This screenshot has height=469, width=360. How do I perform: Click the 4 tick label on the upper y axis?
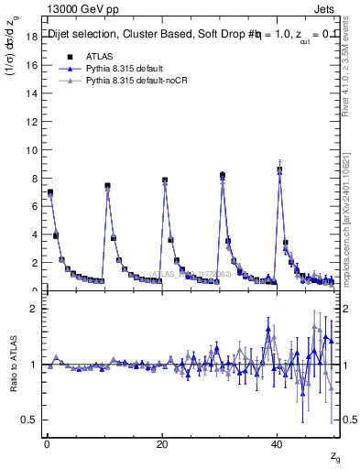pyautogui.click(x=35, y=234)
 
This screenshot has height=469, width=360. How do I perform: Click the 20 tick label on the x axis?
pyautogui.click(x=161, y=444)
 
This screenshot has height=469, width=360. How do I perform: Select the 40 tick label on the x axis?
pyautogui.click(x=277, y=444)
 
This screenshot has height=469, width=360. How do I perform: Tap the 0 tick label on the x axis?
pyautogui.click(x=46, y=444)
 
